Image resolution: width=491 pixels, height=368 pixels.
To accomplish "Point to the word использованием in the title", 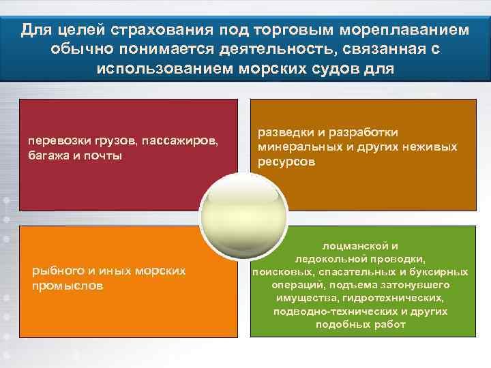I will click(x=162, y=70).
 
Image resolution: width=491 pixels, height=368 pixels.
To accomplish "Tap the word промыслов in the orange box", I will click(x=68, y=286).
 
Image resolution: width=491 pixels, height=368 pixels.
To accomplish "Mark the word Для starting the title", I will click(x=33, y=31).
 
